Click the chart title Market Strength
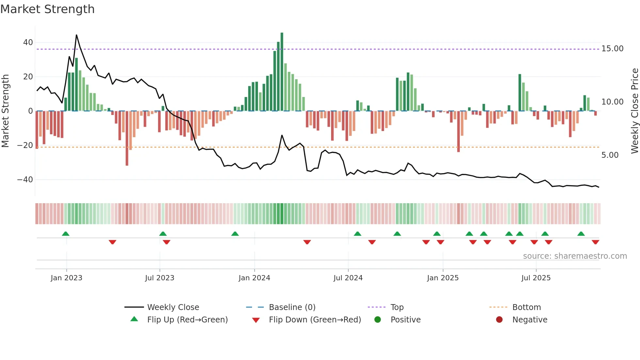coord(47,9)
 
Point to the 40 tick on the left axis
coord(28,42)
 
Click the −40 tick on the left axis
coord(25,180)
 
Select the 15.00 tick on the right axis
coord(612,49)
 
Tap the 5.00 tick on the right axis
coord(610,155)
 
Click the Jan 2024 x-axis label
coord(254,278)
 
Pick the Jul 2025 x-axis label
coord(536,278)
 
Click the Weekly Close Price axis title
coord(634,111)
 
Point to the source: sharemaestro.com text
coord(575,256)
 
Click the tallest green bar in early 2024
coord(282,72)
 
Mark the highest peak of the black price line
coord(76,35)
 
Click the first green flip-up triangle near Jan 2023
coord(66,234)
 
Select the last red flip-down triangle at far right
coord(595,242)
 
